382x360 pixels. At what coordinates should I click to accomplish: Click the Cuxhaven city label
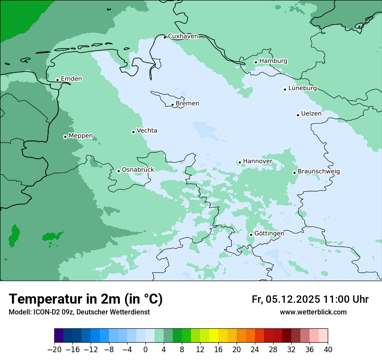coord(183,36)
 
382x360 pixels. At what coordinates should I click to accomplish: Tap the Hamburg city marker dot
coord(256,62)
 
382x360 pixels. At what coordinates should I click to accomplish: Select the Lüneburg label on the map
coord(303,88)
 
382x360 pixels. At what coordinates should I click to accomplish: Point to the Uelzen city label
coord(311,114)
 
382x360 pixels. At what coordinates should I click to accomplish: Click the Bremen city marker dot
coord(172,105)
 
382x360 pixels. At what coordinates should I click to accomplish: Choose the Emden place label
coord(71,79)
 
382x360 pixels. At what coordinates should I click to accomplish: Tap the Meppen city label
coord(81,136)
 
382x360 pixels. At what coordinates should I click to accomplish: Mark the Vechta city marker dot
coord(133,132)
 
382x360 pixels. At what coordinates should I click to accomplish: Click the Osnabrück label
coord(138,170)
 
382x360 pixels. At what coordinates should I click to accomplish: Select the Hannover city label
coord(257,161)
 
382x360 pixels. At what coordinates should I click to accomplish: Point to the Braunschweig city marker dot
coord(294,173)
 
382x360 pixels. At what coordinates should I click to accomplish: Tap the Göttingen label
coord(269,234)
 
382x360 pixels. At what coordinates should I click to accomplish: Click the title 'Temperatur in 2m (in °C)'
coord(86,299)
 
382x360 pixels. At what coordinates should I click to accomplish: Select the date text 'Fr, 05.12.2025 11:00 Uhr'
coord(310,299)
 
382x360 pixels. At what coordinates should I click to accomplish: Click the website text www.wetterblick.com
coord(313,312)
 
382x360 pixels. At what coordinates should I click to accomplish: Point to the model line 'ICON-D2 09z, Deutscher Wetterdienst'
coord(79,312)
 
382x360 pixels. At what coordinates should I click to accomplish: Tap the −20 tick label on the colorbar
coord(54,350)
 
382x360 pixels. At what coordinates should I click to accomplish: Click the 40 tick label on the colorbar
coord(328,350)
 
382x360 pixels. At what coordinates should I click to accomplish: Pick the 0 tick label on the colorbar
coord(145,350)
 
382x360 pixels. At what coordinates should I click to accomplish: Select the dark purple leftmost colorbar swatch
coord(59,336)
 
